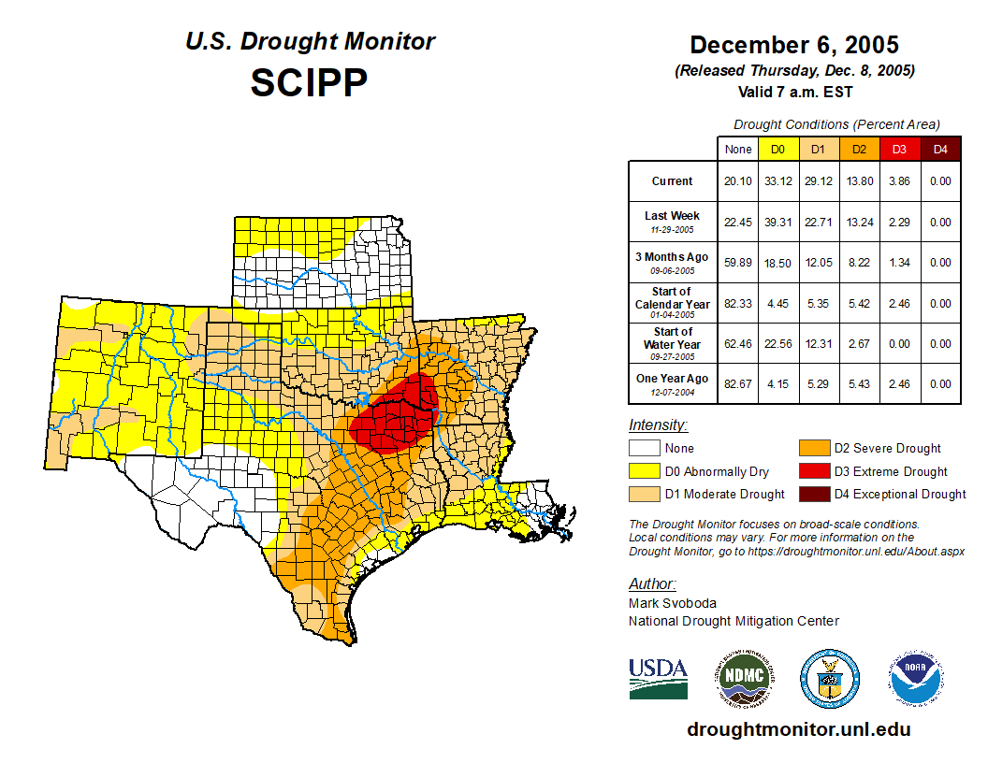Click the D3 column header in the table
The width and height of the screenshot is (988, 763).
tap(898, 149)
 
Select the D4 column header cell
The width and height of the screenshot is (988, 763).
tap(940, 149)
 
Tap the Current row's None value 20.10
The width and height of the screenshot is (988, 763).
tap(737, 181)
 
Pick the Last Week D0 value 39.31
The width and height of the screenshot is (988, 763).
tap(777, 223)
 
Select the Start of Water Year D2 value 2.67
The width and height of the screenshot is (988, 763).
tap(858, 343)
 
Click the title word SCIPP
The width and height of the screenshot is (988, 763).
tap(309, 83)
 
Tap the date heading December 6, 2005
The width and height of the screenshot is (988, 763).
tap(793, 45)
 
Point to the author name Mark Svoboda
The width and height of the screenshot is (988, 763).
tap(673, 603)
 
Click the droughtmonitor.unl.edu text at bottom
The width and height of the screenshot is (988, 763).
tap(798, 729)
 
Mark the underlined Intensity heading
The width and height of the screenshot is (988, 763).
tap(658, 425)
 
